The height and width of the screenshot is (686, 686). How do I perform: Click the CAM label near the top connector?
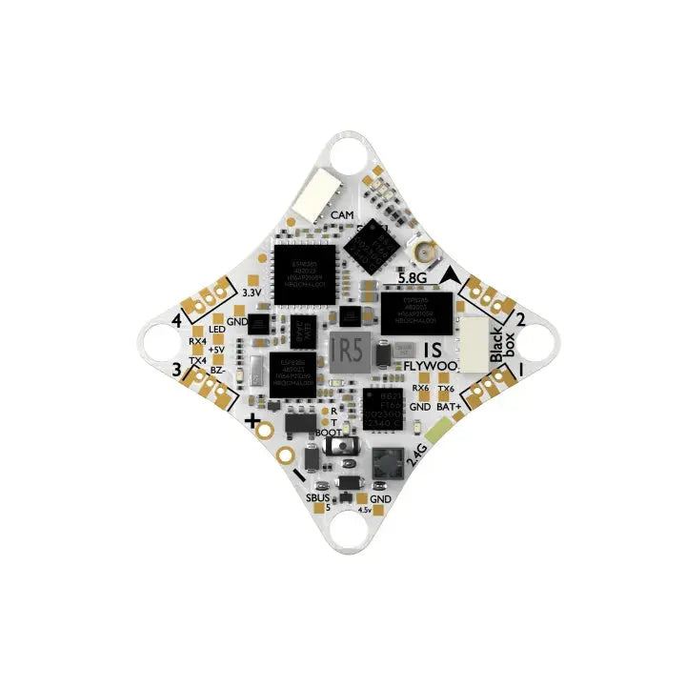point(341,216)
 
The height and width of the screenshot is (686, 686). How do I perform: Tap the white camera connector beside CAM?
point(311,198)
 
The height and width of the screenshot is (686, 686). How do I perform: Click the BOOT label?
point(328,432)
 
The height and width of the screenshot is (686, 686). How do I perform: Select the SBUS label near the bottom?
point(318,499)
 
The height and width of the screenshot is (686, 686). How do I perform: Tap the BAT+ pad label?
point(449,407)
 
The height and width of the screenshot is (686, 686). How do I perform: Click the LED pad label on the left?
point(216,330)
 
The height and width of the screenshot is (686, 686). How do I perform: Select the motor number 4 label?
point(177,321)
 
